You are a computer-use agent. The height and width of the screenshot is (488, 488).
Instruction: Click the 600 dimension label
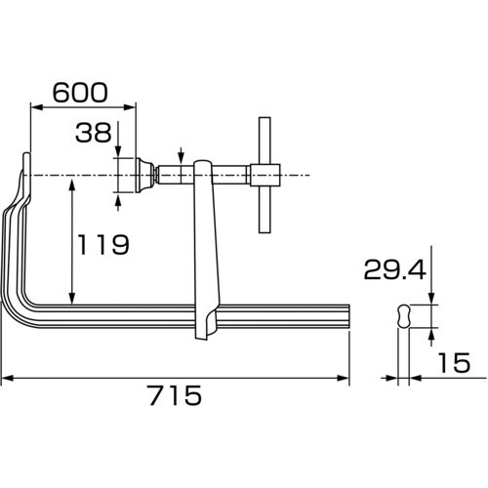[80, 93]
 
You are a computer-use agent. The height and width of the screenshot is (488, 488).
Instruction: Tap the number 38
[94, 133]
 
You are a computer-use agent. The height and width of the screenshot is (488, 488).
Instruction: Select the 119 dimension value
[103, 244]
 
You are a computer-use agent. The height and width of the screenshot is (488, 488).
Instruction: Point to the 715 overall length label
[176, 395]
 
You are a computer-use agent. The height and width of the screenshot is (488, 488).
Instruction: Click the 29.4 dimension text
[394, 269]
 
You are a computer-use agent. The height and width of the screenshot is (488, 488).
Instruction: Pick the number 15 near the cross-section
[454, 362]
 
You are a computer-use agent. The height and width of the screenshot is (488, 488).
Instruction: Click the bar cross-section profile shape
[404, 316]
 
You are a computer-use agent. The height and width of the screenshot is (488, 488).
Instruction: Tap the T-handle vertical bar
[264, 175]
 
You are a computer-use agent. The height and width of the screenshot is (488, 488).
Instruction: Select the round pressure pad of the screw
[144, 175]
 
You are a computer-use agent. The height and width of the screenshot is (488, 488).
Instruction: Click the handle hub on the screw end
[265, 175]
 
